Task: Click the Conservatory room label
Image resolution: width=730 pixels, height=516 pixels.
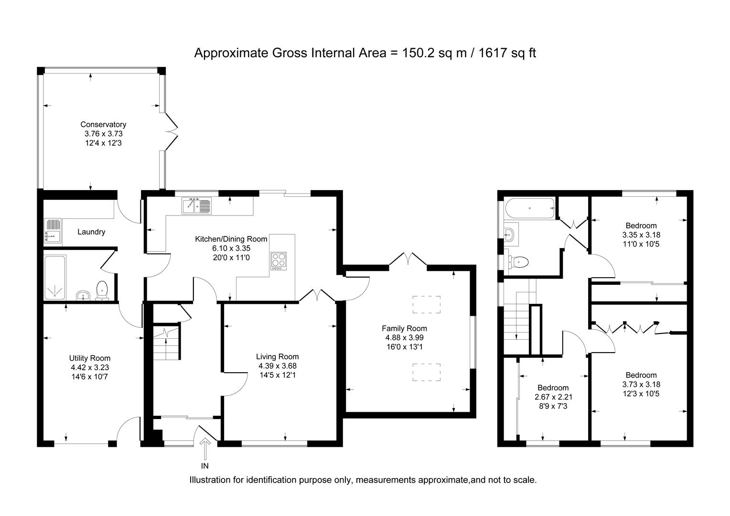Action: tap(103, 125)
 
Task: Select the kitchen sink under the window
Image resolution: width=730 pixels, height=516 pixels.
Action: tap(196, 206)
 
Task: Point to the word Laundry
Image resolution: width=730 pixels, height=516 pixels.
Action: tap(91, 232)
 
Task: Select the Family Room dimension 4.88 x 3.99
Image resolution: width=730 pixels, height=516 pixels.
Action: tap(404, 338)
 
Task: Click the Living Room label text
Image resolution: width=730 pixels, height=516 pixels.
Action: tap(277, 356)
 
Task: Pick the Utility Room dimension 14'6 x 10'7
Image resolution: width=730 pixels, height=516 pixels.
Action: tap(90, 376)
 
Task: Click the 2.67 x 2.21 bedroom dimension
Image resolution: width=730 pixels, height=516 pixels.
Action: tap(553, 397)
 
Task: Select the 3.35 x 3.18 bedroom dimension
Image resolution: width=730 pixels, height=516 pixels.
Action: tap(641, 235)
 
